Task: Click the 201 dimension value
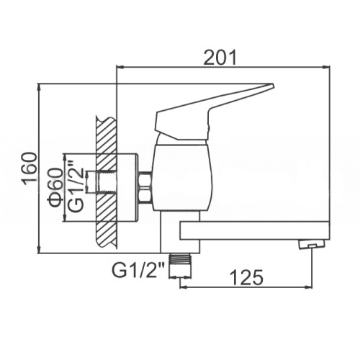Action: pyautogui.click(x=220, y=58)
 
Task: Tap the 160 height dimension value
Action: pyautogui.click(x=30, y=168)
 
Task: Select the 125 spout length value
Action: pyautogui.click(x=246, y=277)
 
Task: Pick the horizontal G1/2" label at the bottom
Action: pyautogui.click(x=138, y=270)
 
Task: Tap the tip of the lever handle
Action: pyautogui.click(x=273, y=84)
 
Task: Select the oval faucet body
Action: pyautogui.click(x=183, y=178)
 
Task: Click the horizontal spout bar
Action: pyautogui.click(x=254, y=230)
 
